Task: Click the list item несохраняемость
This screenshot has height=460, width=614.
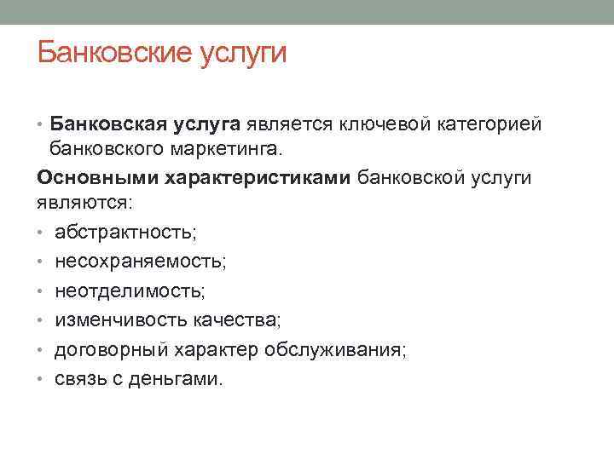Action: [141, 262]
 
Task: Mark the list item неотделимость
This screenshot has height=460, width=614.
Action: [130, 291]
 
